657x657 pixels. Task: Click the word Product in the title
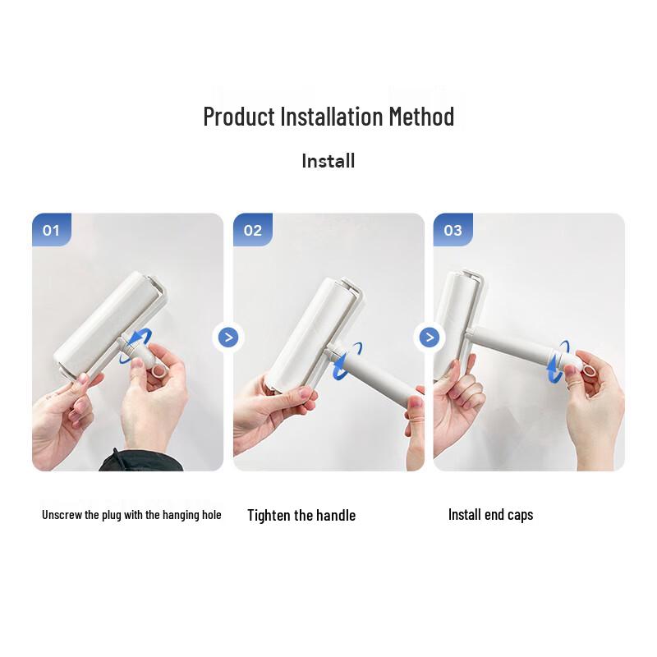click(x=239, y=117)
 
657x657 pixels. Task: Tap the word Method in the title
click(x=421, y=117)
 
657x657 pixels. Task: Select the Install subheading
click(x=328, y=161)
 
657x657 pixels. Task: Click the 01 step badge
click(x=52, y=230)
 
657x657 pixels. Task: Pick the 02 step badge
click(x=253, y=230)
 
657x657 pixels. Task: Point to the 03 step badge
click(x=453, y=230)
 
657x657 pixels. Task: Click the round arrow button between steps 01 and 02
click(x=228, y=338)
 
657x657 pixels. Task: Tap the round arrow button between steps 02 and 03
click(x=430, y=338)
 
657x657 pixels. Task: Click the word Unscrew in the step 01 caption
click(x=62, y=515)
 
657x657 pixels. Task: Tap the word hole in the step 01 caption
click(x=212, y=515)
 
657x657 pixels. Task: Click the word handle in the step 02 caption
click(x=336, y=515)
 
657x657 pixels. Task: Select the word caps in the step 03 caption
click(x=520, y=515)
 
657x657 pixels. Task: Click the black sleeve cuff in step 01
click(x=140, y=461)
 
